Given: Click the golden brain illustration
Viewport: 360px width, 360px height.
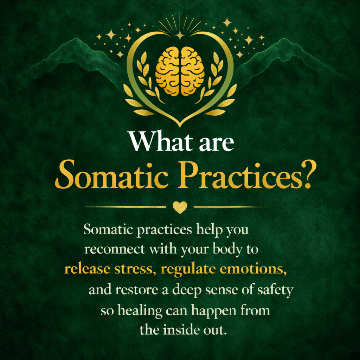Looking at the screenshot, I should (x=180, y=71).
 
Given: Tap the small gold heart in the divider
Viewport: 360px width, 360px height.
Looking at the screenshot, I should (x=180, y=207).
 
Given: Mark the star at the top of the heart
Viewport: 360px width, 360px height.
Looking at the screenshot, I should (x=180, y=34).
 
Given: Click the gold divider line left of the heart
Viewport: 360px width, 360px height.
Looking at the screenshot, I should (x=125, y=207).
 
